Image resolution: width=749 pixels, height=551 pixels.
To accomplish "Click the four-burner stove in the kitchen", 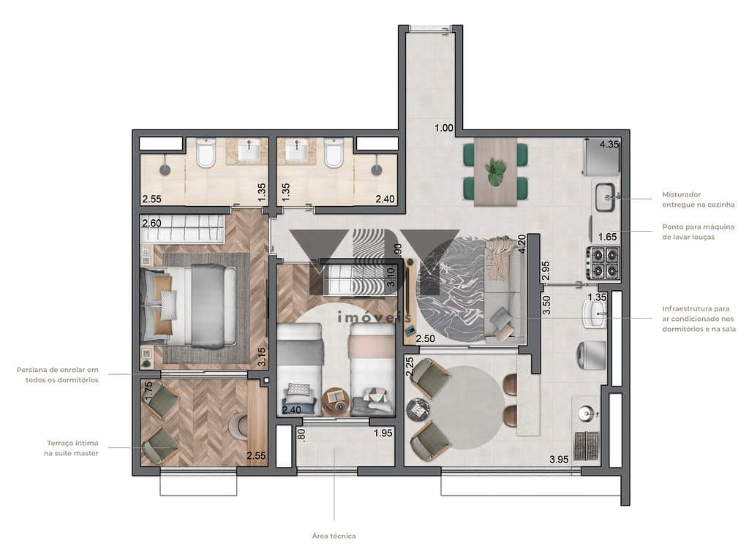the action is (x=604, y=262).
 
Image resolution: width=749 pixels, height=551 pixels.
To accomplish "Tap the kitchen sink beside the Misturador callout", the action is (x=606, y=197).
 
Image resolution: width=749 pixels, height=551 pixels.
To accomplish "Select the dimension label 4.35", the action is (x=609, y=144).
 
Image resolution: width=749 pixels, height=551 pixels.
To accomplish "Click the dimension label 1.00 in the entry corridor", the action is (x=444, y=128).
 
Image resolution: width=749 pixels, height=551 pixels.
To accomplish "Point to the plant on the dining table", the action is (x=495, y=172).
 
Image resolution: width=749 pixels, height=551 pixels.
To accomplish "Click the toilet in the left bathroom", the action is (x=206, y=153).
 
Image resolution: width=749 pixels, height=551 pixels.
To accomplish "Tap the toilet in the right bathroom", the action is (x=334, y=153).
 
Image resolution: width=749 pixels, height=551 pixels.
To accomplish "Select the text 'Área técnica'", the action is (x=334, y=536).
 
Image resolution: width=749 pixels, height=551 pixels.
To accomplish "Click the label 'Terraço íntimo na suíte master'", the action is (x=72, y=448).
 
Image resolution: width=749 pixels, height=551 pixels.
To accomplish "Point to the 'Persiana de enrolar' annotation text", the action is (x=58, y=374).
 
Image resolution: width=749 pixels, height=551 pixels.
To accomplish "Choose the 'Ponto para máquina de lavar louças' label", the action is (x=698, y=232).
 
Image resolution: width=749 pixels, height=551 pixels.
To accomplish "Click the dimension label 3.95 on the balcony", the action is (x=559, y=460).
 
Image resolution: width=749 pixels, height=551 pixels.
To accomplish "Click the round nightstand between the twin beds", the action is (x=336, y=403).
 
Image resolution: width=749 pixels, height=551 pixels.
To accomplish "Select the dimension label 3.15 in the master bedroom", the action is (x=262, y=357).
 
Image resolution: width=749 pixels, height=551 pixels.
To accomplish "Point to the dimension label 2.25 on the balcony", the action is (x=410, y=366).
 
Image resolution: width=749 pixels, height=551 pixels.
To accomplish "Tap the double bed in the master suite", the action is (x=189, y=305).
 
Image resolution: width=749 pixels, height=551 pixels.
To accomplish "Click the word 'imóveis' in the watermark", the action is (x=374, y=316).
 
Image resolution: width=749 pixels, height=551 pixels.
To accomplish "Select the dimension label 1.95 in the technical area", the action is (x=383, y=433).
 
